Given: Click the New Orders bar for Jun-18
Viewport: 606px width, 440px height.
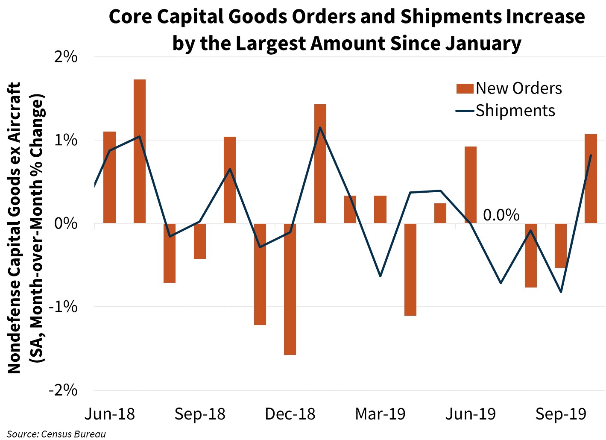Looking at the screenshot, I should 110,177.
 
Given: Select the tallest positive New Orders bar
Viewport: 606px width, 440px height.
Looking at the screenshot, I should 140,151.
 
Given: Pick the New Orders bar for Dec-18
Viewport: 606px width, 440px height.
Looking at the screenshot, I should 290,289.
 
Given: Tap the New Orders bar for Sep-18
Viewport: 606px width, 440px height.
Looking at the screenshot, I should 200,241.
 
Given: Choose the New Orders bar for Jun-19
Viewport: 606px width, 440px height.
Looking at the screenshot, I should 471,185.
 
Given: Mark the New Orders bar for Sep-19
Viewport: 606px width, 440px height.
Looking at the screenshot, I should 561,246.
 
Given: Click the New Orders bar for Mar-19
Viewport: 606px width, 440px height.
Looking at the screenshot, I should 380,209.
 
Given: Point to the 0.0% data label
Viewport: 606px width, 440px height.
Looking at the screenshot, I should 501,215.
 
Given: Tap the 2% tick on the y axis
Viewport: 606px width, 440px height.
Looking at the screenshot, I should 65,56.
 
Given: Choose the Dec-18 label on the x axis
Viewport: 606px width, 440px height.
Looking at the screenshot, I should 290,414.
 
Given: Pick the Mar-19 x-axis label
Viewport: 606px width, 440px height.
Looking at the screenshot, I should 380,414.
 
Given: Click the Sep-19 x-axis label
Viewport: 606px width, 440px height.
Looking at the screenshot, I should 561,414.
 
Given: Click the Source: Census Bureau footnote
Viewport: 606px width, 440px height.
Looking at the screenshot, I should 56,434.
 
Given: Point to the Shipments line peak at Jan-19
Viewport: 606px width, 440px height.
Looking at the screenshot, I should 320,127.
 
